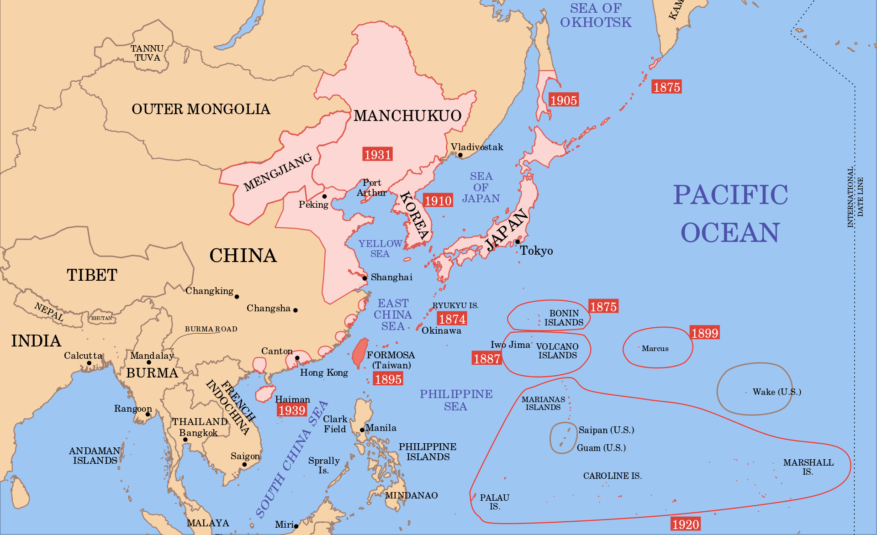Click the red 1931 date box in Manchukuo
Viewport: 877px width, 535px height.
377,154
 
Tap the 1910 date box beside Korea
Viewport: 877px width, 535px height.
438,200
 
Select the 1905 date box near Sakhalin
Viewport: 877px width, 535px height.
563,100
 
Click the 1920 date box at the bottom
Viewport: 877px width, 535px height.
685,524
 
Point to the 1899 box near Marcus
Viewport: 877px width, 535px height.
705,333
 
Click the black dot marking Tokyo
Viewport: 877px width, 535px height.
518,242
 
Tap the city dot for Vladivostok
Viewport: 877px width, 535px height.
460,155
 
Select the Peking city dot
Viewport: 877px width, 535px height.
324,196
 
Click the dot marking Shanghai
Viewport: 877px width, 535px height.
365,278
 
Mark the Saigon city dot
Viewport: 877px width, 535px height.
244,465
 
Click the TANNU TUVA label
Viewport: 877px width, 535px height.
147,53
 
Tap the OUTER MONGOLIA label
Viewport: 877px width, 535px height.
201,109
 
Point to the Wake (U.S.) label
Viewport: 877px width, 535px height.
777,392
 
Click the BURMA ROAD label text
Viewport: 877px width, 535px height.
211,329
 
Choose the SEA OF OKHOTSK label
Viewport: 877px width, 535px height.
596,15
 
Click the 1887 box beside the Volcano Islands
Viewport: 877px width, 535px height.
486,359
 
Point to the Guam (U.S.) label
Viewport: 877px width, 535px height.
601,448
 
